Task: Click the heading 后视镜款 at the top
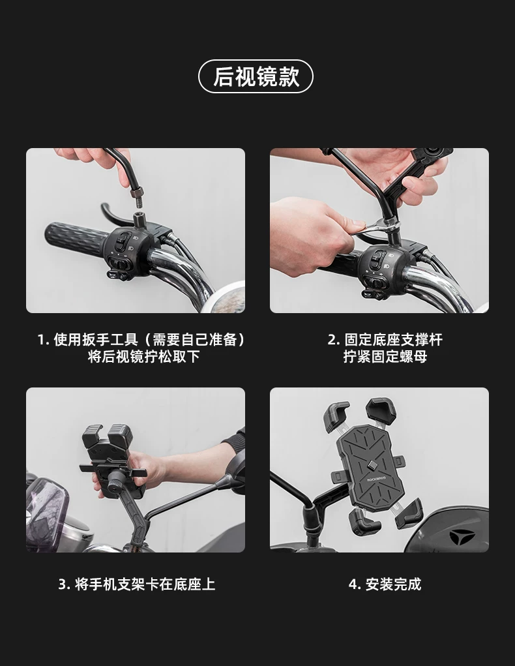coord(256,76)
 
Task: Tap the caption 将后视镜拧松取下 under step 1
coord(143,356)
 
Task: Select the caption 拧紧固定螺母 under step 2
coord(385,356)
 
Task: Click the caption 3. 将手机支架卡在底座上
coord(137,584)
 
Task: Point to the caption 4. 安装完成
coord(385,584)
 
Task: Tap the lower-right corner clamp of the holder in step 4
coord(409,513)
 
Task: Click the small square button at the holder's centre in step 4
coord(372,466)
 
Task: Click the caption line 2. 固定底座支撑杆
coord(385,339)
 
